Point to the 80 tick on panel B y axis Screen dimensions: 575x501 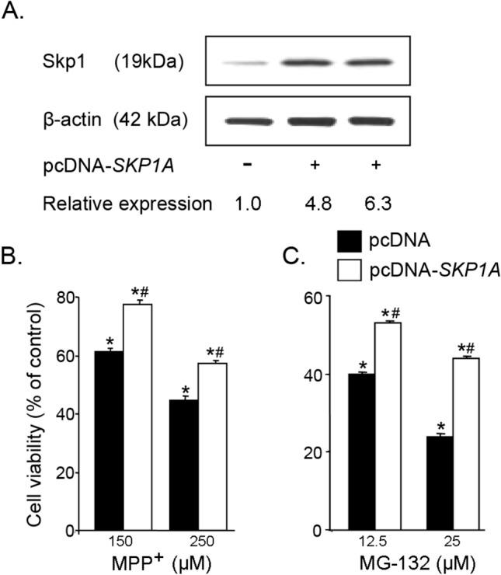coord(70,297)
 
